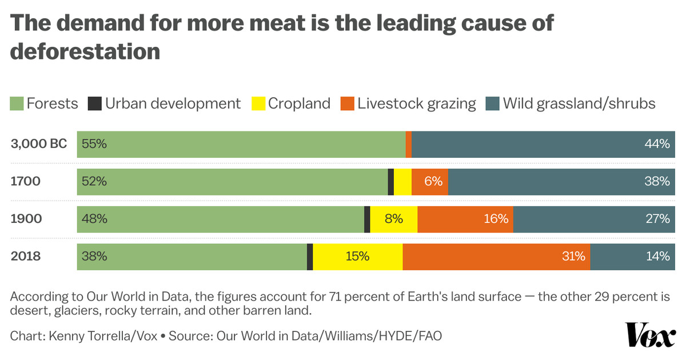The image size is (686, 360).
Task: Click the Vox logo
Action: pos(651,334)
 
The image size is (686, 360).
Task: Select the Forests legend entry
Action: pos(45,103)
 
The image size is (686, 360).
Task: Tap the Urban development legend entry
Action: pos(165,103)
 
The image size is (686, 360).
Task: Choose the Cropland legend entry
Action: pos(291,103)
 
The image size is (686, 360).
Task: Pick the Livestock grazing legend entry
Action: pos(408,103)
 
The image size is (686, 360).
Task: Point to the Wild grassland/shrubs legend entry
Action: pos(571,103)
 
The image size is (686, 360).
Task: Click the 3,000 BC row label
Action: pos(39,144)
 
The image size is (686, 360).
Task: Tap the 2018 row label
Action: pos(26,256)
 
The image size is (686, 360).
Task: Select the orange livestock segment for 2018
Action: pos(496,257)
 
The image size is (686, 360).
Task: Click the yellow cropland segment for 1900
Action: pos(394,219)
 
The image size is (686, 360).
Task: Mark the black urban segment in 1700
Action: pos(391,182)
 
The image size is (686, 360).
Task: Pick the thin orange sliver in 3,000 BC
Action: pos(408,144)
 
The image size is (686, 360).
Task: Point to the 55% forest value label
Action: pos(94,144)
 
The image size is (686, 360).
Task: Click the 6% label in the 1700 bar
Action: pos(433,182)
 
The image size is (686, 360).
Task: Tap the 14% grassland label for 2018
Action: pos(657,257)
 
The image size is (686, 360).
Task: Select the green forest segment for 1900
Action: pos(221,219)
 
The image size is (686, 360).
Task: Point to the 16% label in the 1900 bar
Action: pos(496,219)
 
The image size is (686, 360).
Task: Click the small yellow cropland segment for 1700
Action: pos(402,182)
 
